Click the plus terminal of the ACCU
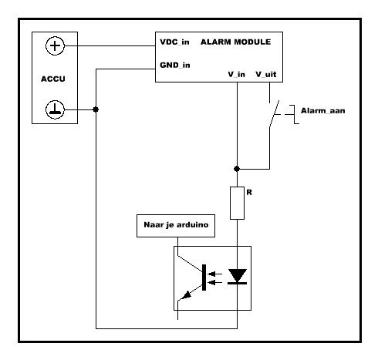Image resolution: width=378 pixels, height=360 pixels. [x=55, y=46]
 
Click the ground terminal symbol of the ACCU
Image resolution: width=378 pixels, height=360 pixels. [x=55, y=109]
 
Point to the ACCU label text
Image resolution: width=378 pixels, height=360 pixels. [x=53, y=79]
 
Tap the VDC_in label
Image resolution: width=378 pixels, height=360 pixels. [x=174, y=42]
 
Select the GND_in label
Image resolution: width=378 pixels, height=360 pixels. [x=175, y=66]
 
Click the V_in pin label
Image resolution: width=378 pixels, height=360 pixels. [x=237, y=75]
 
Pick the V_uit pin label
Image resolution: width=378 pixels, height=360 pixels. [x=266, y=75]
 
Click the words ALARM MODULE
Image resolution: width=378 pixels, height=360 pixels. [x=235, y=42]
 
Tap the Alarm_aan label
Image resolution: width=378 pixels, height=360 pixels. [x=323, y=111]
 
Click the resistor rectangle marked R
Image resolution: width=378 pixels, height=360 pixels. [x=237, y=203]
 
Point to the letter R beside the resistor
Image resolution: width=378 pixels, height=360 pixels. [x=249, y=192]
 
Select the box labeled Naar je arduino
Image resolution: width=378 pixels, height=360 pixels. [x=176, y=226]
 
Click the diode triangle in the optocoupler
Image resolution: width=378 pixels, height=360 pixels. [x=237, y=275]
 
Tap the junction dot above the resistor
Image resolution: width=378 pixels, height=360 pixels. [x=237, y=169]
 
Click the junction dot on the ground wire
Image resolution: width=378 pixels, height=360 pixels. [x=96, y=109]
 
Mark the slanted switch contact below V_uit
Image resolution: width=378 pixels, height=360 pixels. [x=274, y=113]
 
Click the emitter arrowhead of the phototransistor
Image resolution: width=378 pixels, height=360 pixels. [x=187, y=294]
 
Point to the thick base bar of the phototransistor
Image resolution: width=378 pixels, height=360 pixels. [x=204, y=278]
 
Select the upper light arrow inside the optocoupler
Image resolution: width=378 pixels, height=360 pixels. [x=216, y=274]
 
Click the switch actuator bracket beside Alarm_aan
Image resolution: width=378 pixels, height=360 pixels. [x=294, y=114]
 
